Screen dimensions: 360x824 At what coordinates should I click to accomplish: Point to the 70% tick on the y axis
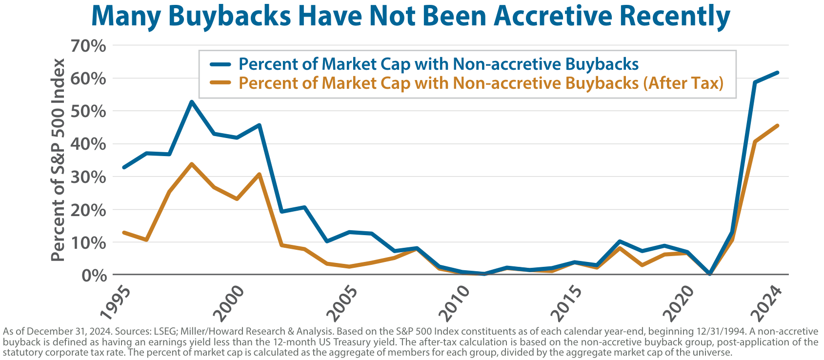(88, 46)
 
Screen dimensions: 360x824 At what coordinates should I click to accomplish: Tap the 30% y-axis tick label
(88, 177)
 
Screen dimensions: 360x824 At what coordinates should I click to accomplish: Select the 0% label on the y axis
(95, 276)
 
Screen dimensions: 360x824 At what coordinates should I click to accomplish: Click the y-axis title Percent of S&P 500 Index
(58, 160)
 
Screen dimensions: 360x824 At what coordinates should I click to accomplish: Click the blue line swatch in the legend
(220, 64)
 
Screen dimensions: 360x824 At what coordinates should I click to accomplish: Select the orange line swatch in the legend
(220, 83)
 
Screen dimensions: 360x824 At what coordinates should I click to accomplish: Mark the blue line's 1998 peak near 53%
(192, 101)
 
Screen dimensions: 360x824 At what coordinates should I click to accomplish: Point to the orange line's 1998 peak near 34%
(192, 164)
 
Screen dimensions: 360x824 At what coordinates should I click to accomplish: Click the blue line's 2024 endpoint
(777, 73)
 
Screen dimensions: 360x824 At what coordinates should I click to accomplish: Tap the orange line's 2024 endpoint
(777, 125)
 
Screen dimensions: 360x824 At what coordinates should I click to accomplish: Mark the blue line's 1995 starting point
(124, 167)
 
